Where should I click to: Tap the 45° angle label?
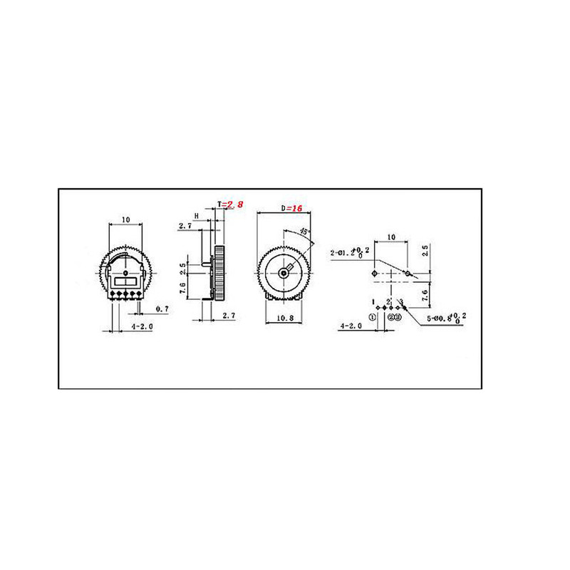[x=304, y=232]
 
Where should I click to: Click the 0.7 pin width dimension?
[x=162, y=310]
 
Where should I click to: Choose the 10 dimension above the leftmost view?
[x=125, y=221]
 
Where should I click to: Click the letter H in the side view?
[x=196, y=215]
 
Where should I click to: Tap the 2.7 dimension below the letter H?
[x=184, y=226]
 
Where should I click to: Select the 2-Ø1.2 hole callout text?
[x=348, y=252]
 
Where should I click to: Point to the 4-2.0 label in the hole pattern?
[x=351, y=326]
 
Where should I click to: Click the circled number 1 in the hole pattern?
[x=372, y=316]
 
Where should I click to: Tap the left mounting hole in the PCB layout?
[x=375, y=273]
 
